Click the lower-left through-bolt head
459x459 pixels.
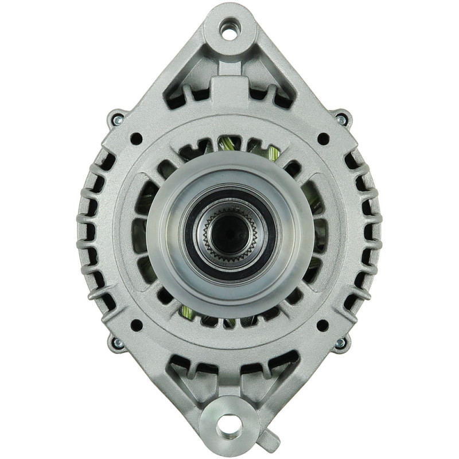[117, 343]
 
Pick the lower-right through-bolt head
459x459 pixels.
[341, 343]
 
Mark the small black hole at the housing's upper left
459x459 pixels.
[136, 138]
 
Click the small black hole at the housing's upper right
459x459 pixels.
[322, 138]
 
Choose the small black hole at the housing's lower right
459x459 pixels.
[322, 325]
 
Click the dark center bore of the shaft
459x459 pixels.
[229, 232]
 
